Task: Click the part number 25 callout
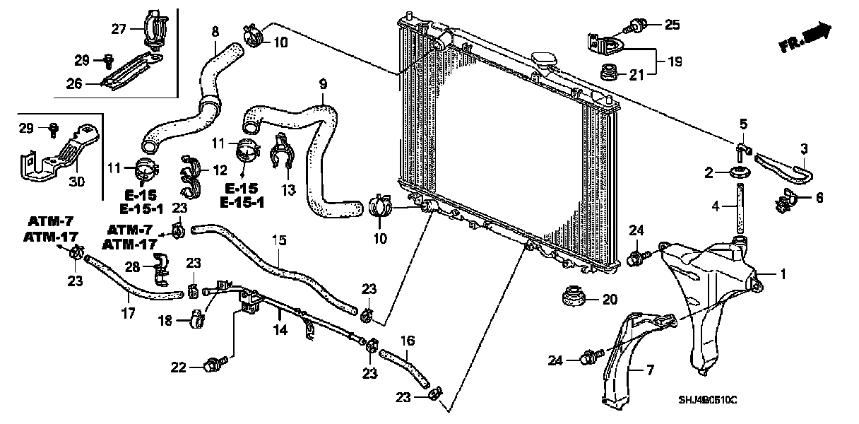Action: pyautogui.click(x=672, y=25)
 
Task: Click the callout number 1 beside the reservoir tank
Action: pyautogui.click(x=782, y=273)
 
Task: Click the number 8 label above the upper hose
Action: pyautogui.click(x=215, y=31)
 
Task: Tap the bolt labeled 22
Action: pyautogui.click(x=211, y=365)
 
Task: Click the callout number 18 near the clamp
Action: pyautogui.click(x=165, y=320)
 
